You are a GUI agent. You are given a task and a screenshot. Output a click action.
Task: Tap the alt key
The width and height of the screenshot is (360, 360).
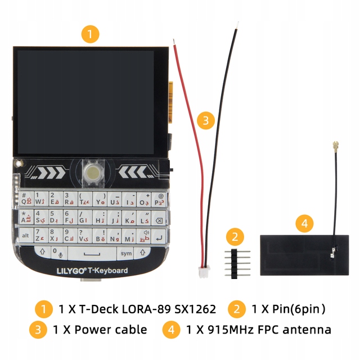coord(25,235)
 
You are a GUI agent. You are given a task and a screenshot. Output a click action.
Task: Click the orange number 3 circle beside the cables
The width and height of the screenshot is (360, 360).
coord(206,119)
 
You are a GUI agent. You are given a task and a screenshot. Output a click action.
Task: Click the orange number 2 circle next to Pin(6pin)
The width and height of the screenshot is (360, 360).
coord(237,309)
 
